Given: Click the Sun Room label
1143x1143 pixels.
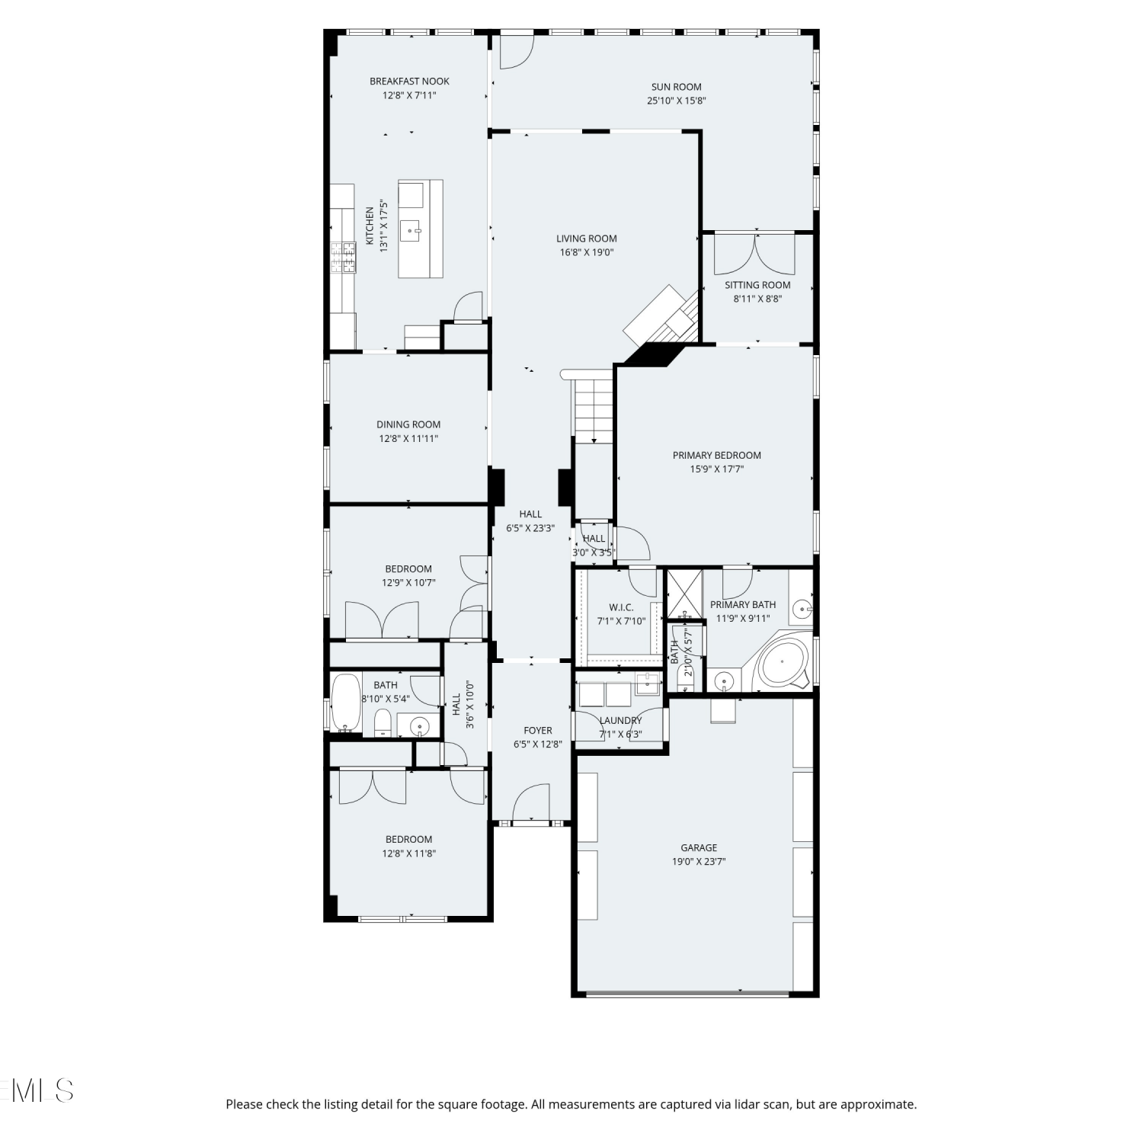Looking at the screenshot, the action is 676,87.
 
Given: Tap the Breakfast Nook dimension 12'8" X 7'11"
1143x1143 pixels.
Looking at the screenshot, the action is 409,95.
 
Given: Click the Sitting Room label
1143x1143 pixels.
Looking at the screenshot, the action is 757,285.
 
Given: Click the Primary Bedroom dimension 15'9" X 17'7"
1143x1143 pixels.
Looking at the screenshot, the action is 717,469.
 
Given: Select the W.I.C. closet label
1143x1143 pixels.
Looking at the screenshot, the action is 621,607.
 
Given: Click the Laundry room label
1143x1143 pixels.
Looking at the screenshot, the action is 620,720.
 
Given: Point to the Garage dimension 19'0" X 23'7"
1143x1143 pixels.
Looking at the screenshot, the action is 699,862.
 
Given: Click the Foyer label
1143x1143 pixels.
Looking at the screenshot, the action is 538,730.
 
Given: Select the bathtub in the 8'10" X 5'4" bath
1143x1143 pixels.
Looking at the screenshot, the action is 346,703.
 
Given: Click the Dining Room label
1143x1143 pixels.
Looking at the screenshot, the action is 408,424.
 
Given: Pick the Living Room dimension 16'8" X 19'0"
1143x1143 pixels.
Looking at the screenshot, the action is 587,252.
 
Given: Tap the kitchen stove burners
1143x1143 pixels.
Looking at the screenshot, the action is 344,257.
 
